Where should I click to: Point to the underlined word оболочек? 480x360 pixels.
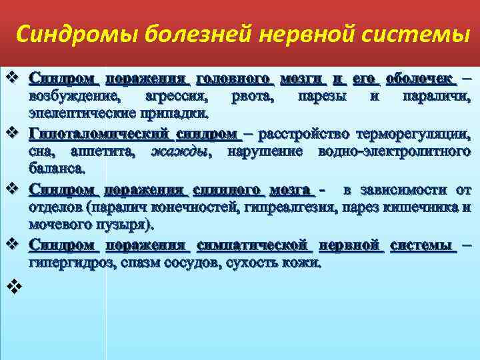(422, 79)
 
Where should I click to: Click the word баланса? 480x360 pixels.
(56, 169)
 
